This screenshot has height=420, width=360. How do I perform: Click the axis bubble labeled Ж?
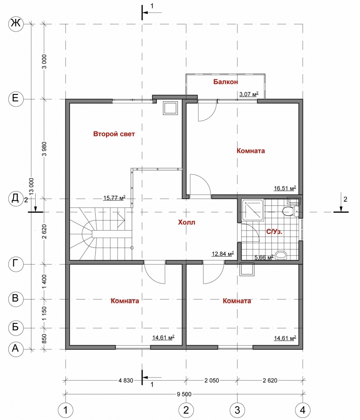coord(16,24)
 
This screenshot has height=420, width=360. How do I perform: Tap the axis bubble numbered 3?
coord(237,410)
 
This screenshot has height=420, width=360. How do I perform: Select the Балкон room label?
coord(225,82)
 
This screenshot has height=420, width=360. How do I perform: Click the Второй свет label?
coord(114,134)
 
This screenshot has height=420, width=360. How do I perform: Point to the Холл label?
coord(187,222)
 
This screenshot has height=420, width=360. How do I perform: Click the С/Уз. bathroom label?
coord(274,232)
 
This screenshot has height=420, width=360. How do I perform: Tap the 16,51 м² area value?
coord(285,188)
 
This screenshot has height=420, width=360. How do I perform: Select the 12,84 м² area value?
coord(223,253)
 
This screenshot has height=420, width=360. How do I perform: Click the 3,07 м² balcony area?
coord(249,94)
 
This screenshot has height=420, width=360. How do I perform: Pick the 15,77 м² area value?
coord(114,198)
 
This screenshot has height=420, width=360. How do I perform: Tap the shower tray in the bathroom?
coord(253,210)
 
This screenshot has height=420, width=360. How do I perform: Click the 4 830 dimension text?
coord(125,381)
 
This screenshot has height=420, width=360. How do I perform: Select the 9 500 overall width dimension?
coord(184,394)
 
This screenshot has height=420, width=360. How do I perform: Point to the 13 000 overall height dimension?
coord(31,186)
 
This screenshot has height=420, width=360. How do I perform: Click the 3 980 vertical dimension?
coord(44,149)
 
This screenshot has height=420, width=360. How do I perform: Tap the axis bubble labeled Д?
coord(16,199)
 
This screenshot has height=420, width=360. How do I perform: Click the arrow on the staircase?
coord(121,220)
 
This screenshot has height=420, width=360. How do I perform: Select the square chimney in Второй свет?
coord(170,108)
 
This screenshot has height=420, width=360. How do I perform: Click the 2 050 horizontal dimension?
coord(211,381)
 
